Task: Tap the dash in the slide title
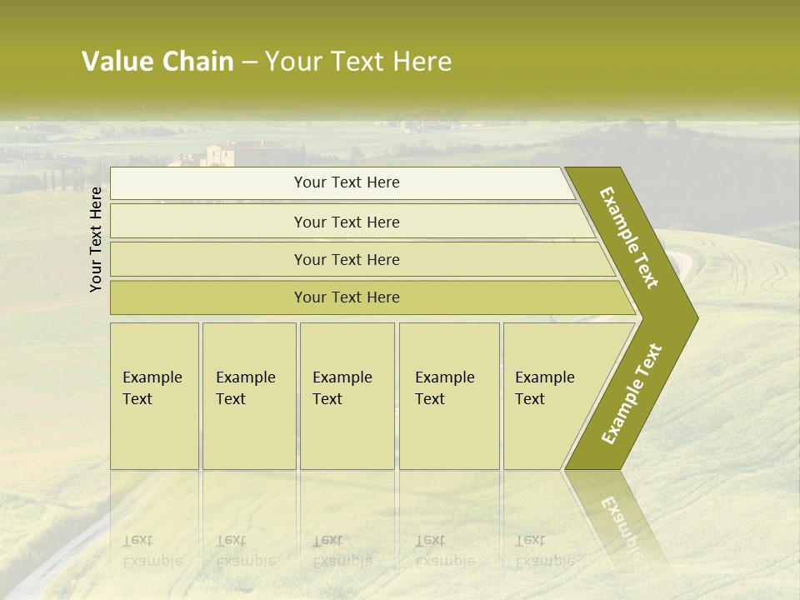250,62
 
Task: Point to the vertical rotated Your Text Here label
96,239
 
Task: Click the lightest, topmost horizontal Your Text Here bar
347,182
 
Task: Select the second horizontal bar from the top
347,222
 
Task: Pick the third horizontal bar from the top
347,259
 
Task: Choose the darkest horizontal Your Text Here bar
347,297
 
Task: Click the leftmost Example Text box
154,396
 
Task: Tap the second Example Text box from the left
249,396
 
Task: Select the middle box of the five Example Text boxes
347,396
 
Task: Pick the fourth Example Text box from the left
449,396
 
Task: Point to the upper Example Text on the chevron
630,237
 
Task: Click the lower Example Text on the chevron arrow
632,394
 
